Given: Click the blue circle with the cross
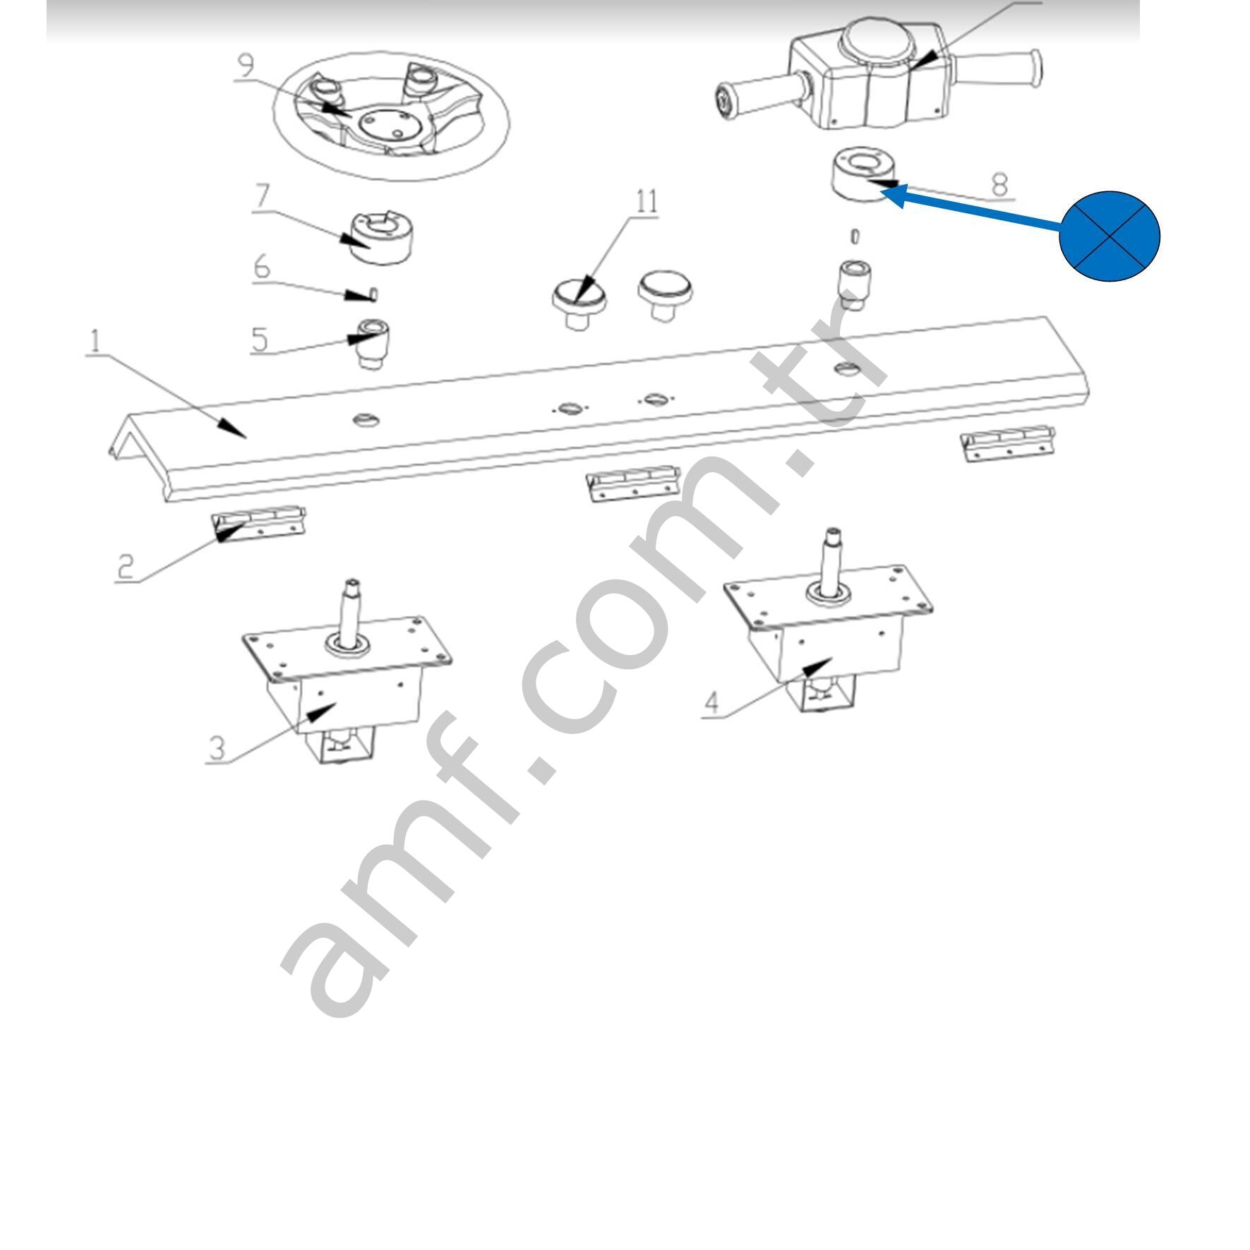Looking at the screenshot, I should pos(1109,236).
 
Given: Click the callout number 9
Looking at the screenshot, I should pos(246,66).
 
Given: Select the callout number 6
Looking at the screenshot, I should pos(262,268).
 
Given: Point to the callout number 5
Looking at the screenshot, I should pos(260,339).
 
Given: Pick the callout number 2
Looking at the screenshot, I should pos(126,565).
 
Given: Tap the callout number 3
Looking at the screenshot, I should pos(217,747).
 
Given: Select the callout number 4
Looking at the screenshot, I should pos(712,702).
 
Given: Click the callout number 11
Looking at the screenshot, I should pos(647,202).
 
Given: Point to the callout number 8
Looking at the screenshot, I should pos(999,185).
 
